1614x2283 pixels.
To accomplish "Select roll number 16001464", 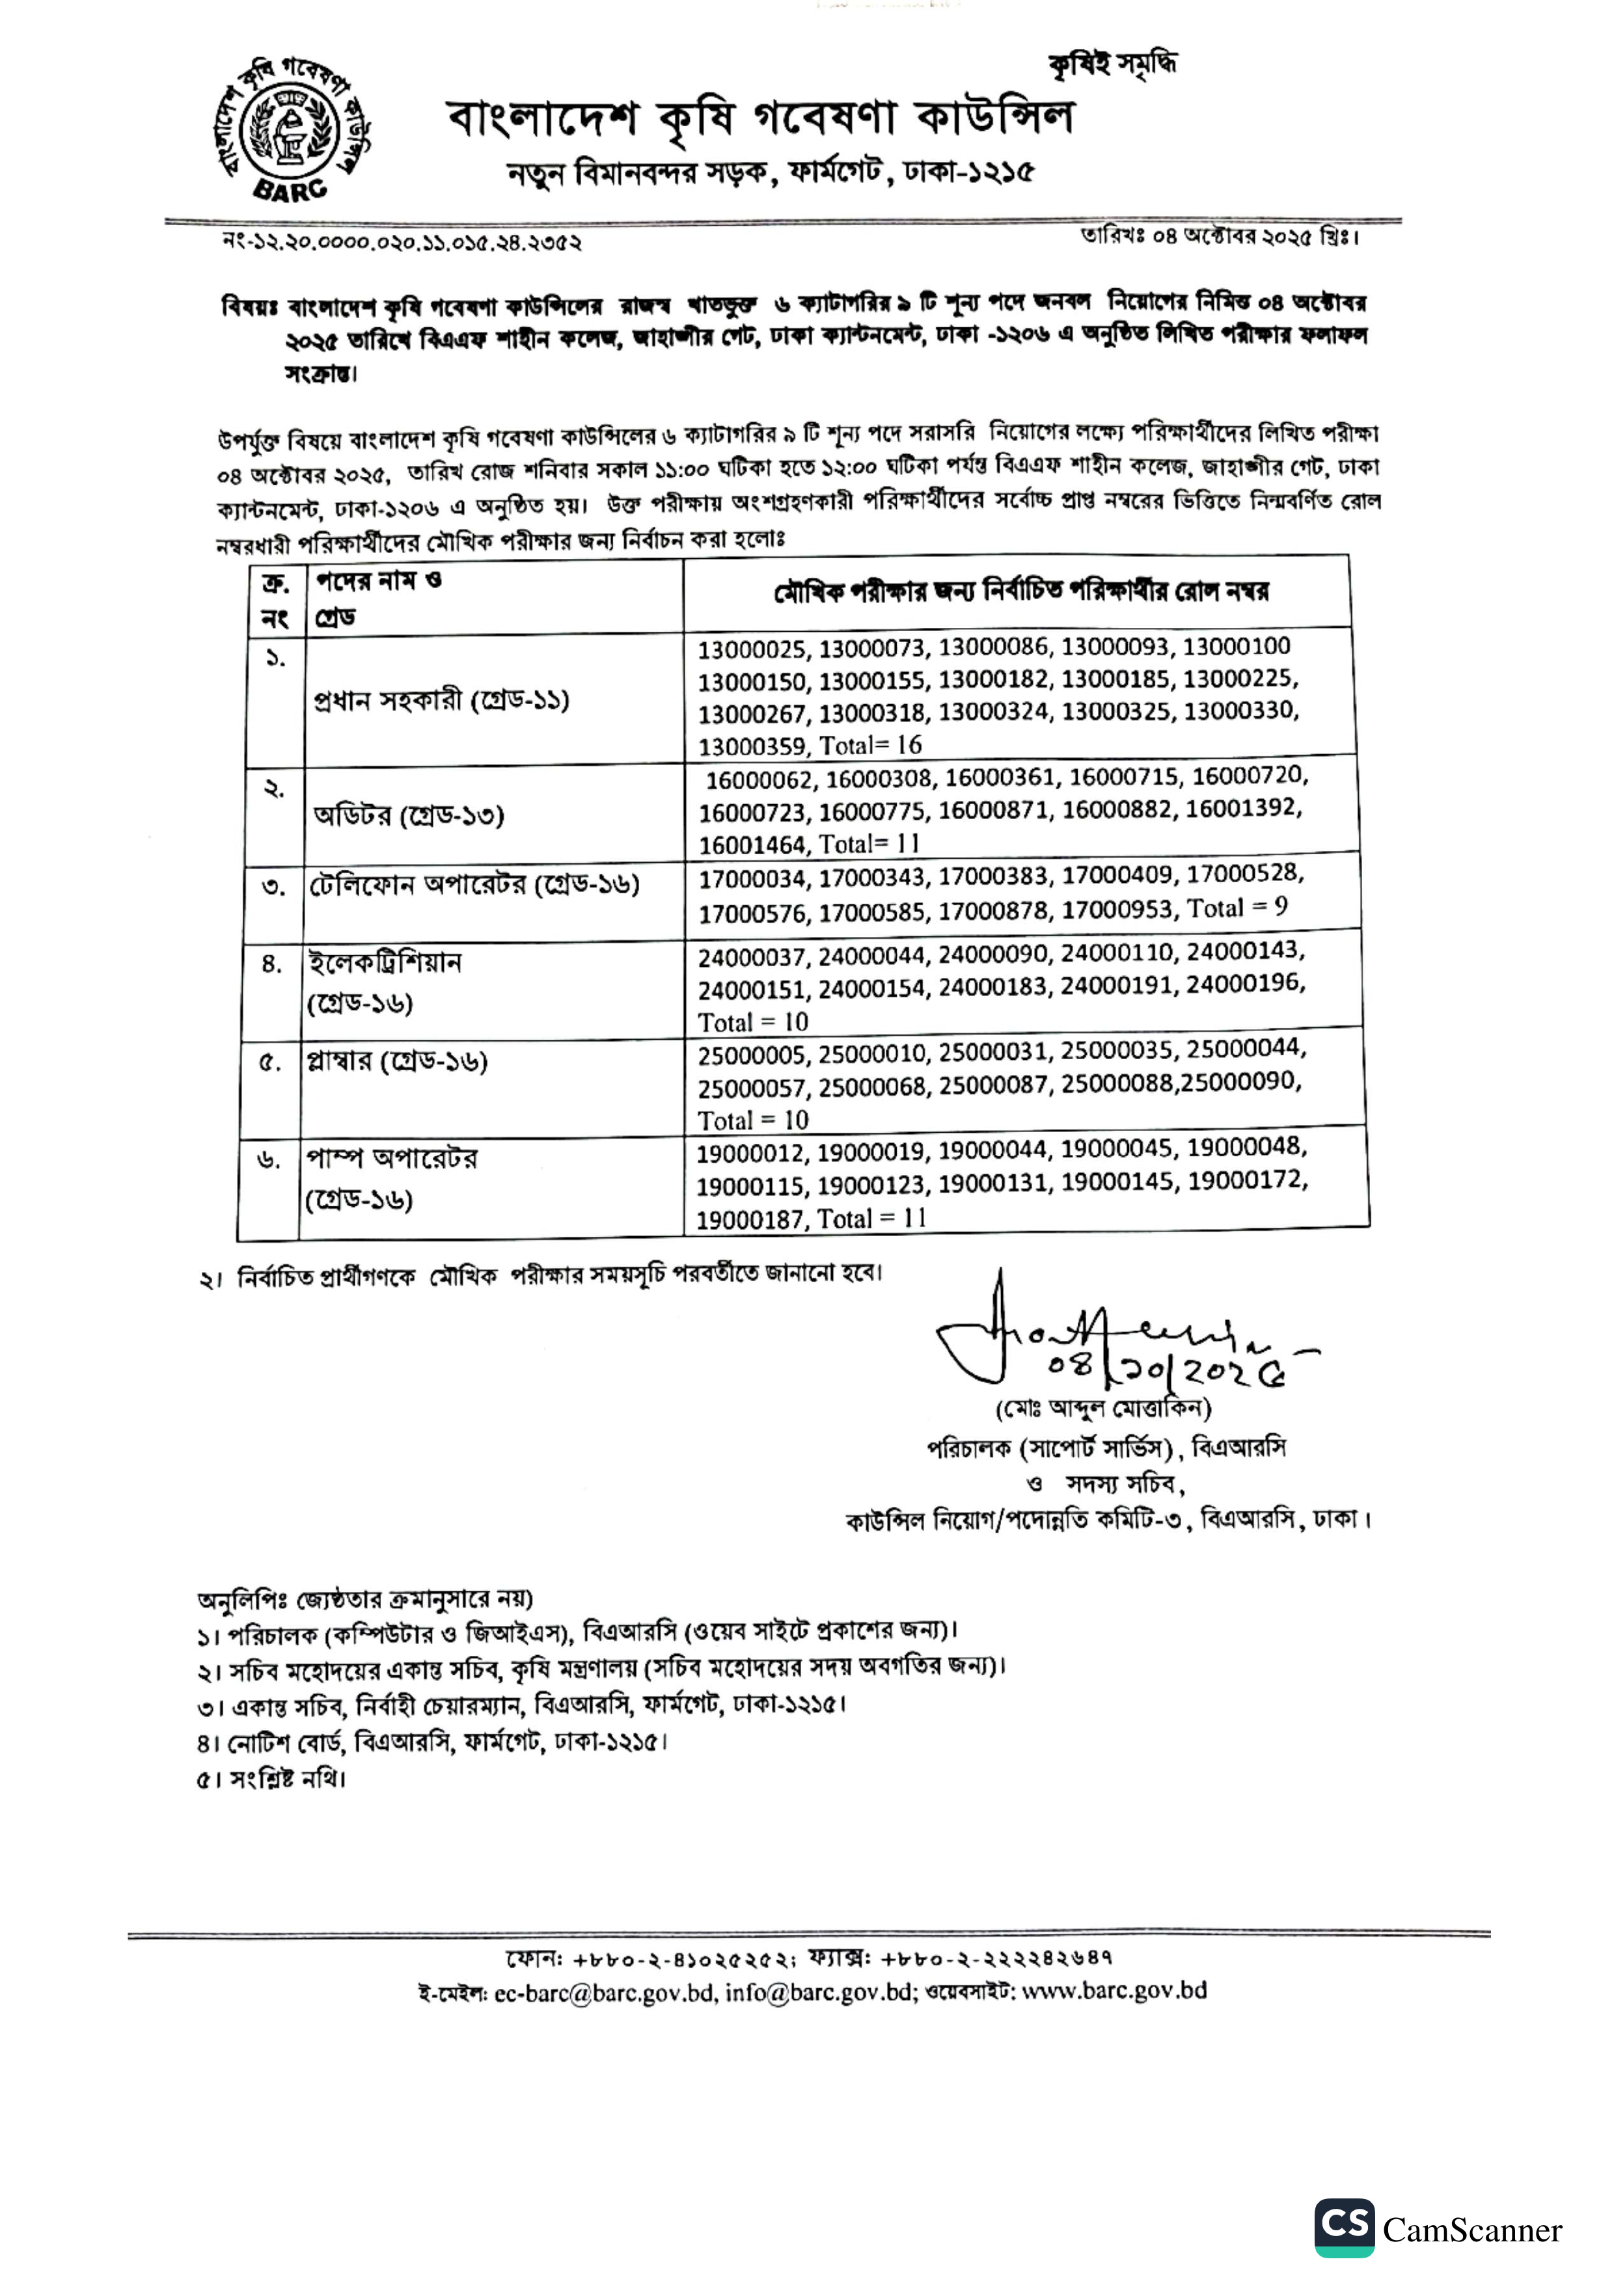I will pos(753,845).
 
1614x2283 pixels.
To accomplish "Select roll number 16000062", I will pos(761,779).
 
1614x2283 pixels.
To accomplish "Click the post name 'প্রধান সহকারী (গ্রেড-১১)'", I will pos(441,701).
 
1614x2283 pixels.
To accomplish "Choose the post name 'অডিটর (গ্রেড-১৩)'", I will pos(409,817).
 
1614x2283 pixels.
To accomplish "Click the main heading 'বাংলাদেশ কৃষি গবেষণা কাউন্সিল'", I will pos(761,119).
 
